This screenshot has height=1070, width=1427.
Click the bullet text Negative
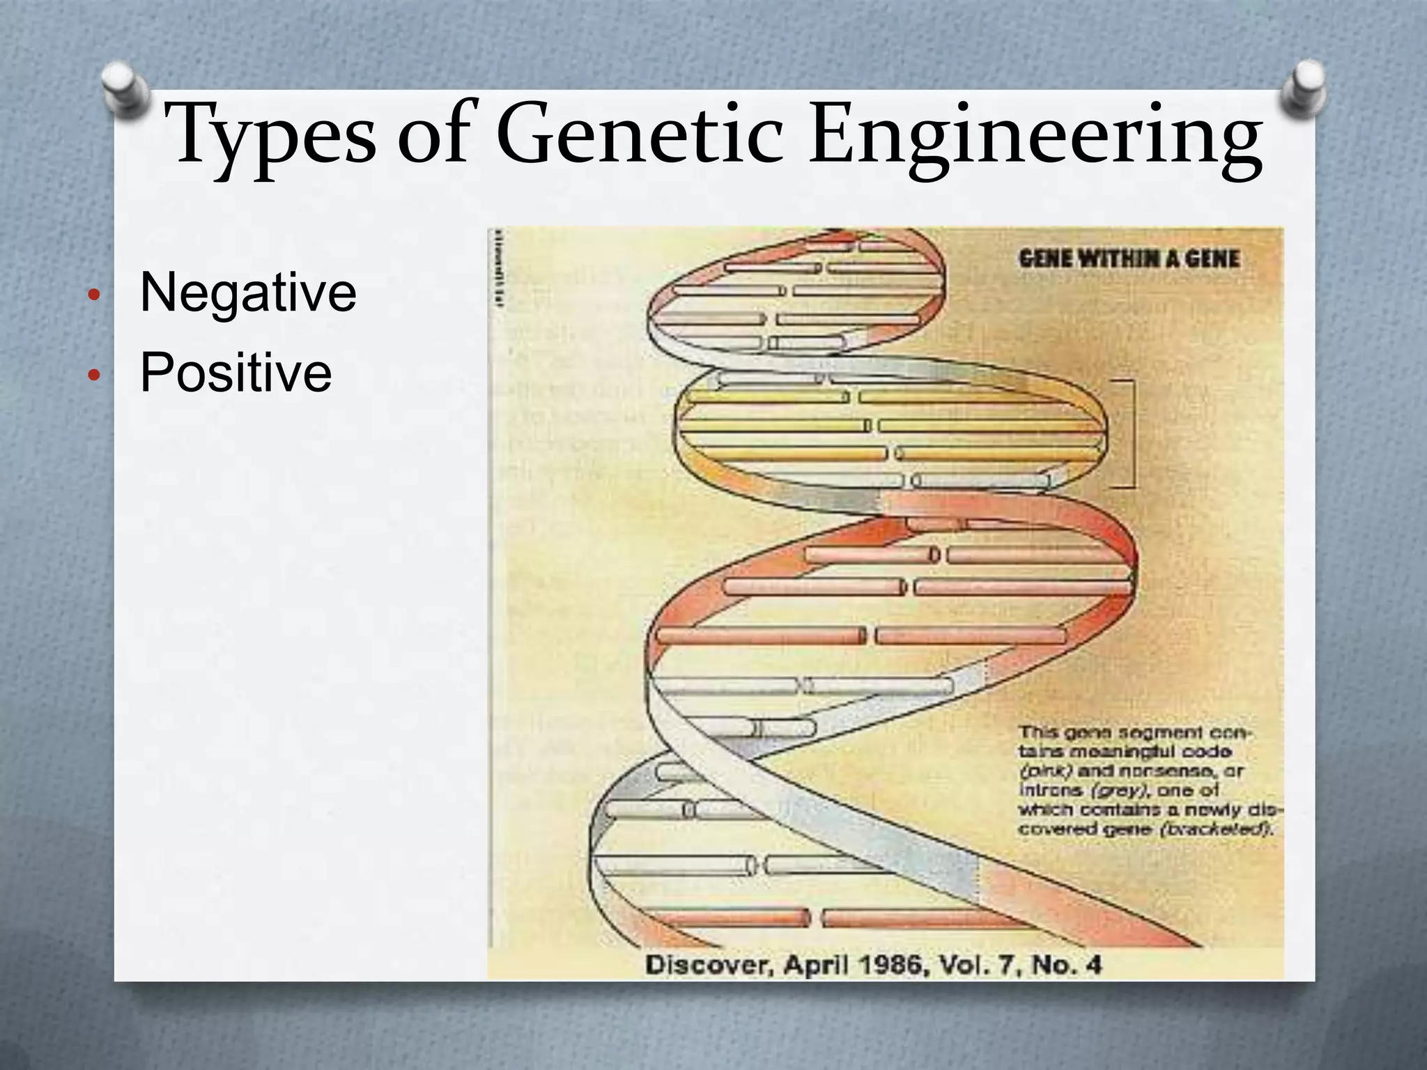248,292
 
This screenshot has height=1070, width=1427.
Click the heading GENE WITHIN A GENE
1129,259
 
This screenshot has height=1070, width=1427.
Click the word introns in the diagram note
1041,791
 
